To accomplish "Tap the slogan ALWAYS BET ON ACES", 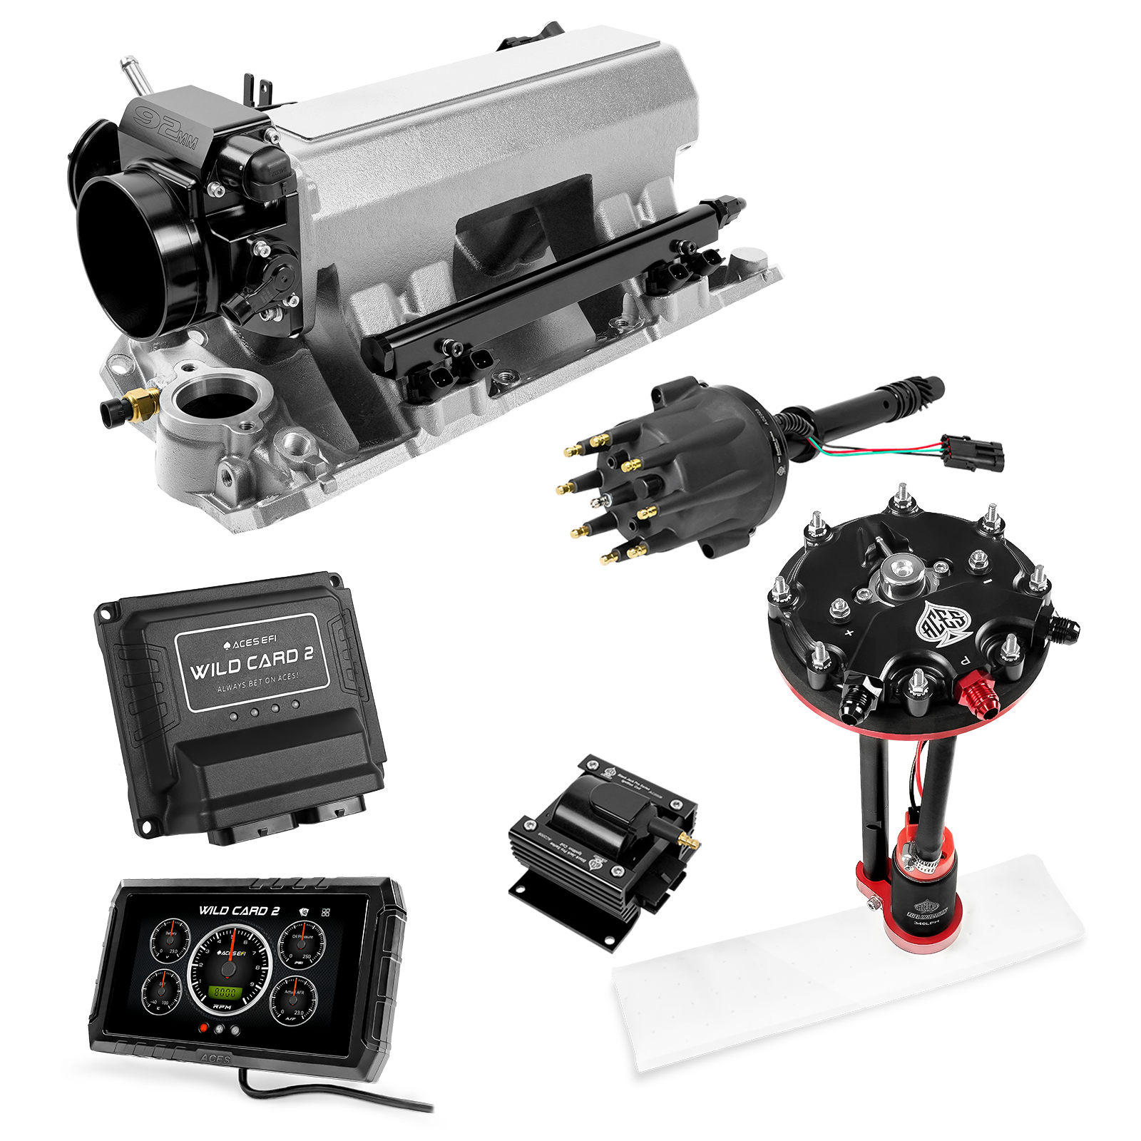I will pyautogui.click(x=257, y=681).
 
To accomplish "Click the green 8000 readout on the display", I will pyautogui.click(x=227, y=991).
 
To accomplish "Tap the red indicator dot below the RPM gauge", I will pyautogui.click(x=205, y=1028).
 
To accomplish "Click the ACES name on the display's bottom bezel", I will pyautogui.click(x=215, y=1060).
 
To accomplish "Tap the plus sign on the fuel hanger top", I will pyautogui.click(x=849, y=632).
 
